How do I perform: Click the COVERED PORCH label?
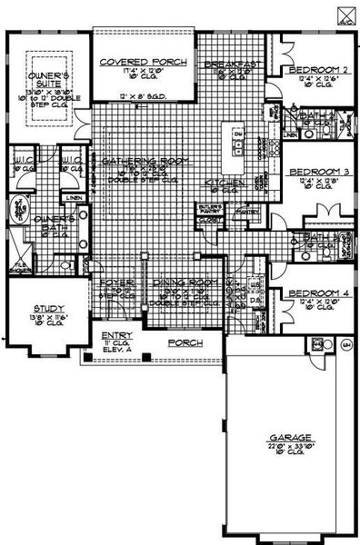tap(144, 61)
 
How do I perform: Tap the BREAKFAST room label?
tap(227, 65)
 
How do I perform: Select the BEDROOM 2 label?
tap(319, 70)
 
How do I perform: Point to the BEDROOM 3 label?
tap(319, 172)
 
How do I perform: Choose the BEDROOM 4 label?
tap(319, 293)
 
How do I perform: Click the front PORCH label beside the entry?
tap(185, 342)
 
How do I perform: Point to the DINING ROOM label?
tap(182, 282)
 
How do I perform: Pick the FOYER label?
tap(116, 282)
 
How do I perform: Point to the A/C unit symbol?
tap(346, 13)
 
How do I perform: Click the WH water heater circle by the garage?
tap(345, 345)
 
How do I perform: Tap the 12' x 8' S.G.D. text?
tap(142, 94)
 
